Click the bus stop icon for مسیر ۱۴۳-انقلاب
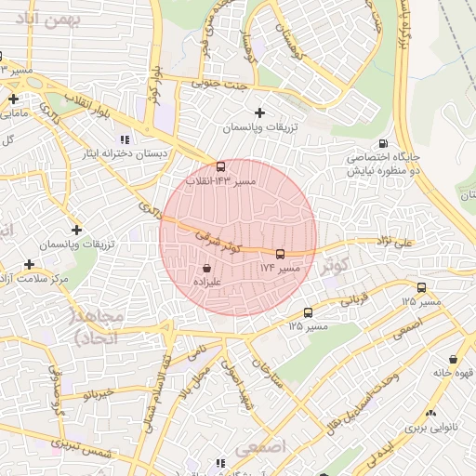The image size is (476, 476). pos(220,167)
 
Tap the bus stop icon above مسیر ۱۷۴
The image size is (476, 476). pos(280,253)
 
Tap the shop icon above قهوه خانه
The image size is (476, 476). pos(453,359)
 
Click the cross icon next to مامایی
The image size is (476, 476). pos(14,98)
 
